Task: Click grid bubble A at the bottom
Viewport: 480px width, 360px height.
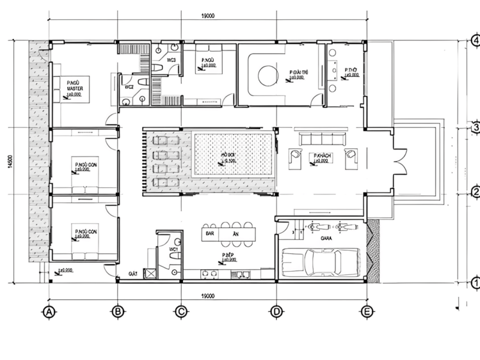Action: pyautogui.click(x=47, y=312)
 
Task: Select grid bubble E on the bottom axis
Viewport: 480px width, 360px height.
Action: pyautogui.click(x=366, y=312)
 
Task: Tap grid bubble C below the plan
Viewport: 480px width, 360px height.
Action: pyautogui.click(x=181, y=312)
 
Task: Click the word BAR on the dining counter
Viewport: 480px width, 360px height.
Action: pyautogui.click(x=207, y=234)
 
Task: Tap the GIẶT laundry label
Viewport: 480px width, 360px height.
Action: pyautogui.click(x=134, y=273)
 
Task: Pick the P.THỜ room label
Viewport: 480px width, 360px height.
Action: pyautogui.click(x=350, y=70)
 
